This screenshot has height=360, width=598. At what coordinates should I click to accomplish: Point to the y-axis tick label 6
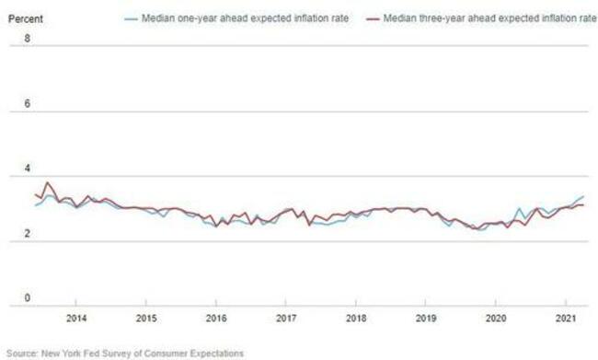(27, 104)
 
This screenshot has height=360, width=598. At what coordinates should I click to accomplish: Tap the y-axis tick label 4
(27, 169)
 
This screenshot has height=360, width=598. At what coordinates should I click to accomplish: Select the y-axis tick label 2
(27, 235)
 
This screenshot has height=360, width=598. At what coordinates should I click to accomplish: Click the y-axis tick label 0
(27, 299)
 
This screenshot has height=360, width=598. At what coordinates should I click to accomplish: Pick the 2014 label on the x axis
(76, 319)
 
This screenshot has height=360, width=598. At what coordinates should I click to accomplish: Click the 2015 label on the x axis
(146, 319)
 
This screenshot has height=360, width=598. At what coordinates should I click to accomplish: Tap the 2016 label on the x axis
(216, 319)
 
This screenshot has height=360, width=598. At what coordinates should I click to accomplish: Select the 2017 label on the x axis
(286, 319)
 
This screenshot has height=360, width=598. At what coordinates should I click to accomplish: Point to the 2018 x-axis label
(356, 319)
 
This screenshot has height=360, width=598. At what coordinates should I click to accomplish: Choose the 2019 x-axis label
(426, 319)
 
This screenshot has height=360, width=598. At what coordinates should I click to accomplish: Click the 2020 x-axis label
(496, 319)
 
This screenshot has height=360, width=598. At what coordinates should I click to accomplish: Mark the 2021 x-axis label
(566, 319)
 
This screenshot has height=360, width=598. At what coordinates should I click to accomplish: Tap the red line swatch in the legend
(365, 17)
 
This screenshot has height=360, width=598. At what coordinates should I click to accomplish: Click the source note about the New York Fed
(125, 353)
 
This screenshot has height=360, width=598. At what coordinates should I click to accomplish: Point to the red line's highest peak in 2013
(47, 182)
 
